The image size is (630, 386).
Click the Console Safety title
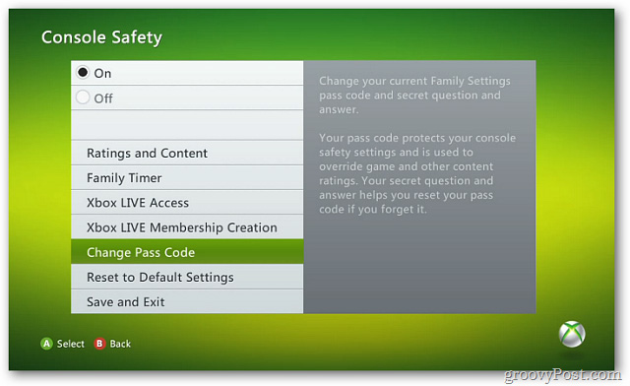pyautogui.click(x=101, y=38)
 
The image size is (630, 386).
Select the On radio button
pyautogui.click(x=83, y=73)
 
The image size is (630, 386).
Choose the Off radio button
pyautogui.click(x=83, y=97)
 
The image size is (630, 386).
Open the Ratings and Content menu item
pyautogui.click(x=147, y=154)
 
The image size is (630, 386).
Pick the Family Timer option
pyautogui.click(x=124, y=178)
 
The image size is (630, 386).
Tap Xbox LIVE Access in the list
pyautogui.click(x=138, y=203)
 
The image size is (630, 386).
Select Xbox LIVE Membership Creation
pyautogui.click(x=182, y=227)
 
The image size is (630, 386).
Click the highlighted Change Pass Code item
pyautogui.click(x=140, y=253)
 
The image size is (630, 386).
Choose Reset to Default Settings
pyautogui.click(x=160, y=278)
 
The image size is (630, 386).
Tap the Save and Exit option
pyautogui.click(x=126, y=302)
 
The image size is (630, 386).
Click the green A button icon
pyautogui.click(x=46, y=344)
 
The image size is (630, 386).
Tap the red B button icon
pyautogui.click(x=99, y=344)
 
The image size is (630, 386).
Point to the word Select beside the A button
pyautogui.click(x=71, y=344)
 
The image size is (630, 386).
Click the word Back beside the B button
pyautogui.click(x=120, y=344)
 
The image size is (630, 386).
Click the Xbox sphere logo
pyautogui.click(x=573, y=335)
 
